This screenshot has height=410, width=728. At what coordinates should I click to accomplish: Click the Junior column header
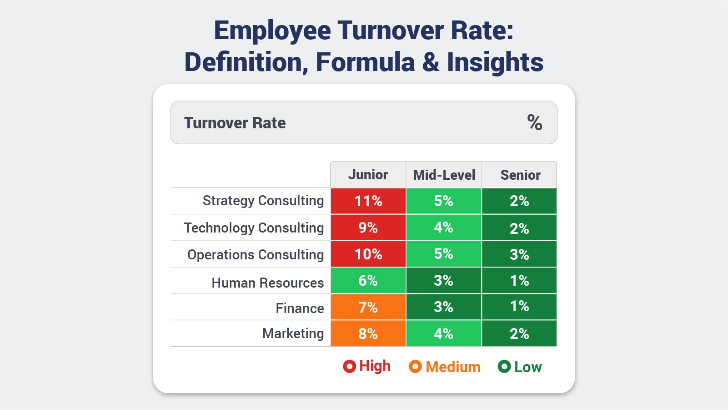click(368, 175)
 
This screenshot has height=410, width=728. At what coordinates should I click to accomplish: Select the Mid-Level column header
click(444, 175)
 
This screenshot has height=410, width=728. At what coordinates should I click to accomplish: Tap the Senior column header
click(520, 175)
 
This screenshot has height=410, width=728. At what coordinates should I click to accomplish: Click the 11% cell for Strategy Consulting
click(368, 201)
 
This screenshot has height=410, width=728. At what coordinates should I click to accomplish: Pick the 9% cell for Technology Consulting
click(368, 228)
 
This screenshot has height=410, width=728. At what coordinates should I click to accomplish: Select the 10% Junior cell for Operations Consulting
click(368, 254)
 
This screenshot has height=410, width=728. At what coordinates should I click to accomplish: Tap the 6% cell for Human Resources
click(368, 280)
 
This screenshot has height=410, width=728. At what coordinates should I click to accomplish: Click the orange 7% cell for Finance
click(368, 307)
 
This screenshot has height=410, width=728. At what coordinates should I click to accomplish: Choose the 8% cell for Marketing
click(368, 334)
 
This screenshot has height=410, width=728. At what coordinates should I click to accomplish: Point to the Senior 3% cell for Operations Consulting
click(519, 254)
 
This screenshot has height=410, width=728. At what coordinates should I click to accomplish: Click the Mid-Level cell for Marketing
click(443, 334)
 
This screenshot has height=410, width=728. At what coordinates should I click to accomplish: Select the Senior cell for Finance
click(519, 307)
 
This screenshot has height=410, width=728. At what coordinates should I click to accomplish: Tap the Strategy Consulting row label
click(263, 201)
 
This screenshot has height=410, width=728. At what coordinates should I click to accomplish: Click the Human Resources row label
click(267, 283)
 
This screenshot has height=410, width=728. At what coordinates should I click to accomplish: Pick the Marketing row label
click(293, 333)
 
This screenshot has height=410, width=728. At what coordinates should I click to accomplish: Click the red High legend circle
click(349, 366)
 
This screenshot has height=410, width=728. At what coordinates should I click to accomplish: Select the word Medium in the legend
click(453, 367)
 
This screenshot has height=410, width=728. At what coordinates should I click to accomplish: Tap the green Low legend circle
click(504, 366)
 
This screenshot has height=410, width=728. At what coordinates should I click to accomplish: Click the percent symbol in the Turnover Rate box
click(534, 122)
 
